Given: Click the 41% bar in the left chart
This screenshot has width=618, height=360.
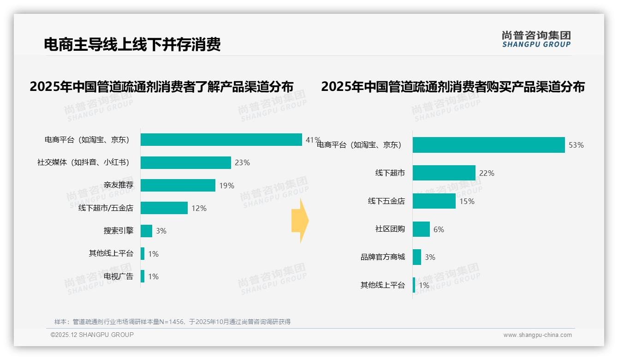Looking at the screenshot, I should coord(221,139).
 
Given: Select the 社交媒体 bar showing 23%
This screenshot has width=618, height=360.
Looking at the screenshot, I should coord(185,162).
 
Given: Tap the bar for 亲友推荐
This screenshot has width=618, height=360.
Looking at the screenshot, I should coord(178,185).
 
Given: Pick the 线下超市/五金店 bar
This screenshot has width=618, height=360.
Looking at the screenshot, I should coord(164,208).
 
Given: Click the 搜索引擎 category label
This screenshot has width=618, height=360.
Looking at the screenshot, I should coord(118,231).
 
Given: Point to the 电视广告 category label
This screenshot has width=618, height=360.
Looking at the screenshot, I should coord(118,276).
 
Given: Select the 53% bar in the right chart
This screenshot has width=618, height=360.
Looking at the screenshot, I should coord(488,145).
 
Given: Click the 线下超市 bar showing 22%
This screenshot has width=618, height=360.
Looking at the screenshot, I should coord(444,173).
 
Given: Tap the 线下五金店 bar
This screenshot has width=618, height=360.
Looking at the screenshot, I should coord(434,201).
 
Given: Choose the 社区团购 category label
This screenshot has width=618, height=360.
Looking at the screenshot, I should coord(390,229).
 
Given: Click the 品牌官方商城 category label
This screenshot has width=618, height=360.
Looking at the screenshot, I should coord(382,257).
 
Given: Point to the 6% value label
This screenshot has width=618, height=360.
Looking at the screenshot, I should coord(439,229).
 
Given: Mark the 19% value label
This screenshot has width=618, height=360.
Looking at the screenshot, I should coord(226,186).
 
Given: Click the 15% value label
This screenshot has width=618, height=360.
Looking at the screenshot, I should coord(467,201).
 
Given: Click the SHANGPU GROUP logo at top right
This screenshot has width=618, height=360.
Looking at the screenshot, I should coord(536,39).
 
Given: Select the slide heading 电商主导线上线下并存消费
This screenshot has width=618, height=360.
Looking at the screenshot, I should coord(132,44).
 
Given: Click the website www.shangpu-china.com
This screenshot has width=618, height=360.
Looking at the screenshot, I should coord(537,335).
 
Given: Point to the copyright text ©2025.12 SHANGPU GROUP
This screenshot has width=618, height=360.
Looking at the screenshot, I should coord(92,335).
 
